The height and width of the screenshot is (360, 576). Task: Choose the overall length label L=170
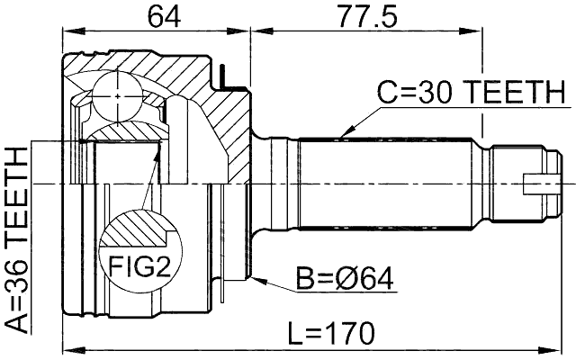328,333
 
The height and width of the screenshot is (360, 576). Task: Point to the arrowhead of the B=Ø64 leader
256,280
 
